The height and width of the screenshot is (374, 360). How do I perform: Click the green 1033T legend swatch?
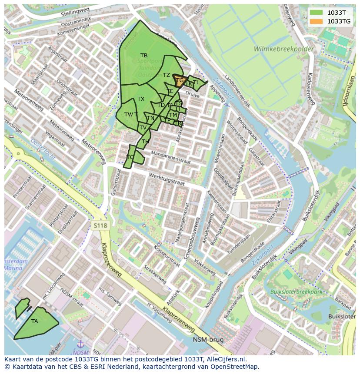tap(316, 13)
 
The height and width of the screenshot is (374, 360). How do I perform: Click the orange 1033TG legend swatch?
tap(316, 21)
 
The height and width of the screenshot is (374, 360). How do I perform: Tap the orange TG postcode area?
tap(179, 81)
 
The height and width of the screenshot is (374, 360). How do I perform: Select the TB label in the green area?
tap(144, 56)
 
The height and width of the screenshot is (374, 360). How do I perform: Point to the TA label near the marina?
tap(35, 321)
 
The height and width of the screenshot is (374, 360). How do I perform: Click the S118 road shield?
tap(100, 225)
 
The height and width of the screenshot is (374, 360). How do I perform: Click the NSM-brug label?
tap(208, 340)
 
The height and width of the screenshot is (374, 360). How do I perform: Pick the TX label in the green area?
tap(141, 99)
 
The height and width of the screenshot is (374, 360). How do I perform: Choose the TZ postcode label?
tap(167, 75)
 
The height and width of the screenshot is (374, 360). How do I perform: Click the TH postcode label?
tap(145, 142)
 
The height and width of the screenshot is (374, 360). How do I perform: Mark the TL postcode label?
tap(196, 83)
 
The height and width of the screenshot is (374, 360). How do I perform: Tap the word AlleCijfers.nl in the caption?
tap(225, 359)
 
